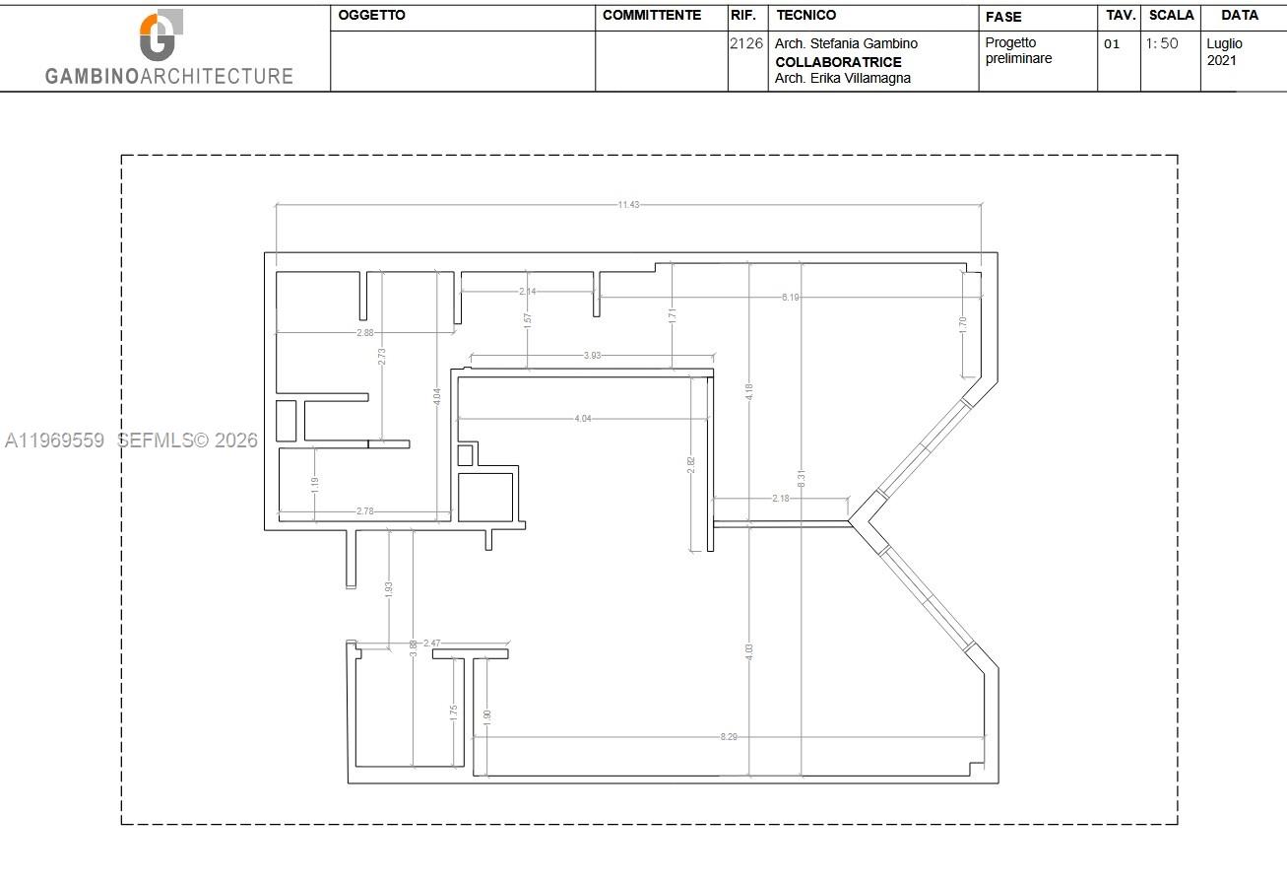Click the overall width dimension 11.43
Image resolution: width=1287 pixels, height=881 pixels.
[628, 205]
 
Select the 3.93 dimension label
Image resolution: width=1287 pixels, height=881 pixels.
[593, 355]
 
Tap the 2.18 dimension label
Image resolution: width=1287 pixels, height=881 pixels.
[780, 499]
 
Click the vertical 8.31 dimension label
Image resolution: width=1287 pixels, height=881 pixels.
[802, 480]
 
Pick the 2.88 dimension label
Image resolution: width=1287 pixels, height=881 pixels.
[365, 333]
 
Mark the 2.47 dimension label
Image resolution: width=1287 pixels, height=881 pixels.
[431, 644]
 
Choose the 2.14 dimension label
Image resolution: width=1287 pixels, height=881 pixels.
[528, 292]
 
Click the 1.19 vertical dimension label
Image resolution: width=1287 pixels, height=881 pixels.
[314, 484]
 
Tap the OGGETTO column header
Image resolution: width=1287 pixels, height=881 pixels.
[371, 16]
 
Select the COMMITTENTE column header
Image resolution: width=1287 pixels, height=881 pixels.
[652, 16]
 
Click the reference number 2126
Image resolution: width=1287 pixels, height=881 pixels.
[746, 43]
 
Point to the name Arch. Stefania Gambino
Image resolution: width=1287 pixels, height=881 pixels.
[846, 44]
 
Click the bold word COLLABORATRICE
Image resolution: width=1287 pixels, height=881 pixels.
[838, 62]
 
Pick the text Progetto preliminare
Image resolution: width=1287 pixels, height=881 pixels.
[1018, 50]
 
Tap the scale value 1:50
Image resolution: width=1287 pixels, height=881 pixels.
[1162, 43]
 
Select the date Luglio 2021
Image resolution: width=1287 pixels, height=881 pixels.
[1224, 52]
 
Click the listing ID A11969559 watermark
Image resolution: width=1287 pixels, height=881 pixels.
[54, 440]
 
